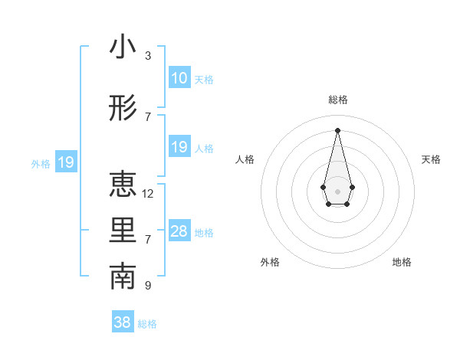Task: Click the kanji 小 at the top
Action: [x=123, y=47]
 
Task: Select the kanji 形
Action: [x=123, y=110]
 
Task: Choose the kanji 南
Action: [x=123, y=277]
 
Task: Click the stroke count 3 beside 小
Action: [x=148, y=55]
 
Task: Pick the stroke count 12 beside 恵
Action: [x=148, y=193]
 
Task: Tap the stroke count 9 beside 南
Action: [x=148, y=285]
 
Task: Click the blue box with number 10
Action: [x=179, y=78]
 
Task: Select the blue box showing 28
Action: [x=179, y=231]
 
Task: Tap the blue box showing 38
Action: [x=122, y=323]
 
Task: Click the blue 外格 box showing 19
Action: [x=65, y=162]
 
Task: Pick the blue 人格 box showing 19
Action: [x=179, y=147]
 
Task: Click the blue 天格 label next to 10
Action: [x=204, y=79]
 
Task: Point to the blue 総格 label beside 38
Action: [x=147, y=324]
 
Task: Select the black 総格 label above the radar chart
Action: [x=337, y=100]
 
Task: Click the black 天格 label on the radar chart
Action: [x=431, y=159]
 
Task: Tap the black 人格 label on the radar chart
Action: [x=245, y=159]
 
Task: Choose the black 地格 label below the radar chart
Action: [x=402, y=262]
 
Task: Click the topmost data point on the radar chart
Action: [x=337, y=129]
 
